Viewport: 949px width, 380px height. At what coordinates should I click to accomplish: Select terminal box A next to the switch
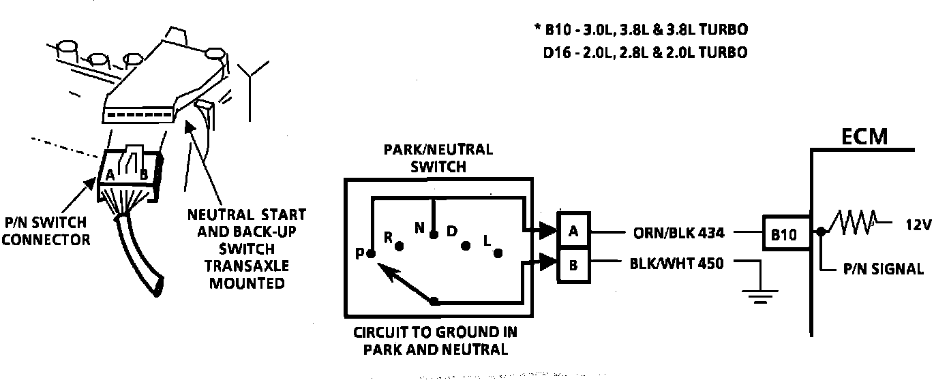point(574,232)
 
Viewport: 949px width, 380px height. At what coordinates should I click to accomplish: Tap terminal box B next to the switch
point(574,264)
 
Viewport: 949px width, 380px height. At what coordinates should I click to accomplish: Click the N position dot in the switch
point(434,235)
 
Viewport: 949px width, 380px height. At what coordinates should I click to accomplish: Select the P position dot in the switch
point(370,254)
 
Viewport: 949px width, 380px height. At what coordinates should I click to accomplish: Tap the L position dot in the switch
point(498,253)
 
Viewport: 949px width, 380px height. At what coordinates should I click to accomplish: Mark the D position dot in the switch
point(466,245)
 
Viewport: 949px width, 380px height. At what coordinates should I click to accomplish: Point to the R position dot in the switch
point(401,244)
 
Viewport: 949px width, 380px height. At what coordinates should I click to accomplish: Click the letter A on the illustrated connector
point(108,174)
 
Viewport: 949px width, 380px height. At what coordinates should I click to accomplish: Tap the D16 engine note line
point(645,52)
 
